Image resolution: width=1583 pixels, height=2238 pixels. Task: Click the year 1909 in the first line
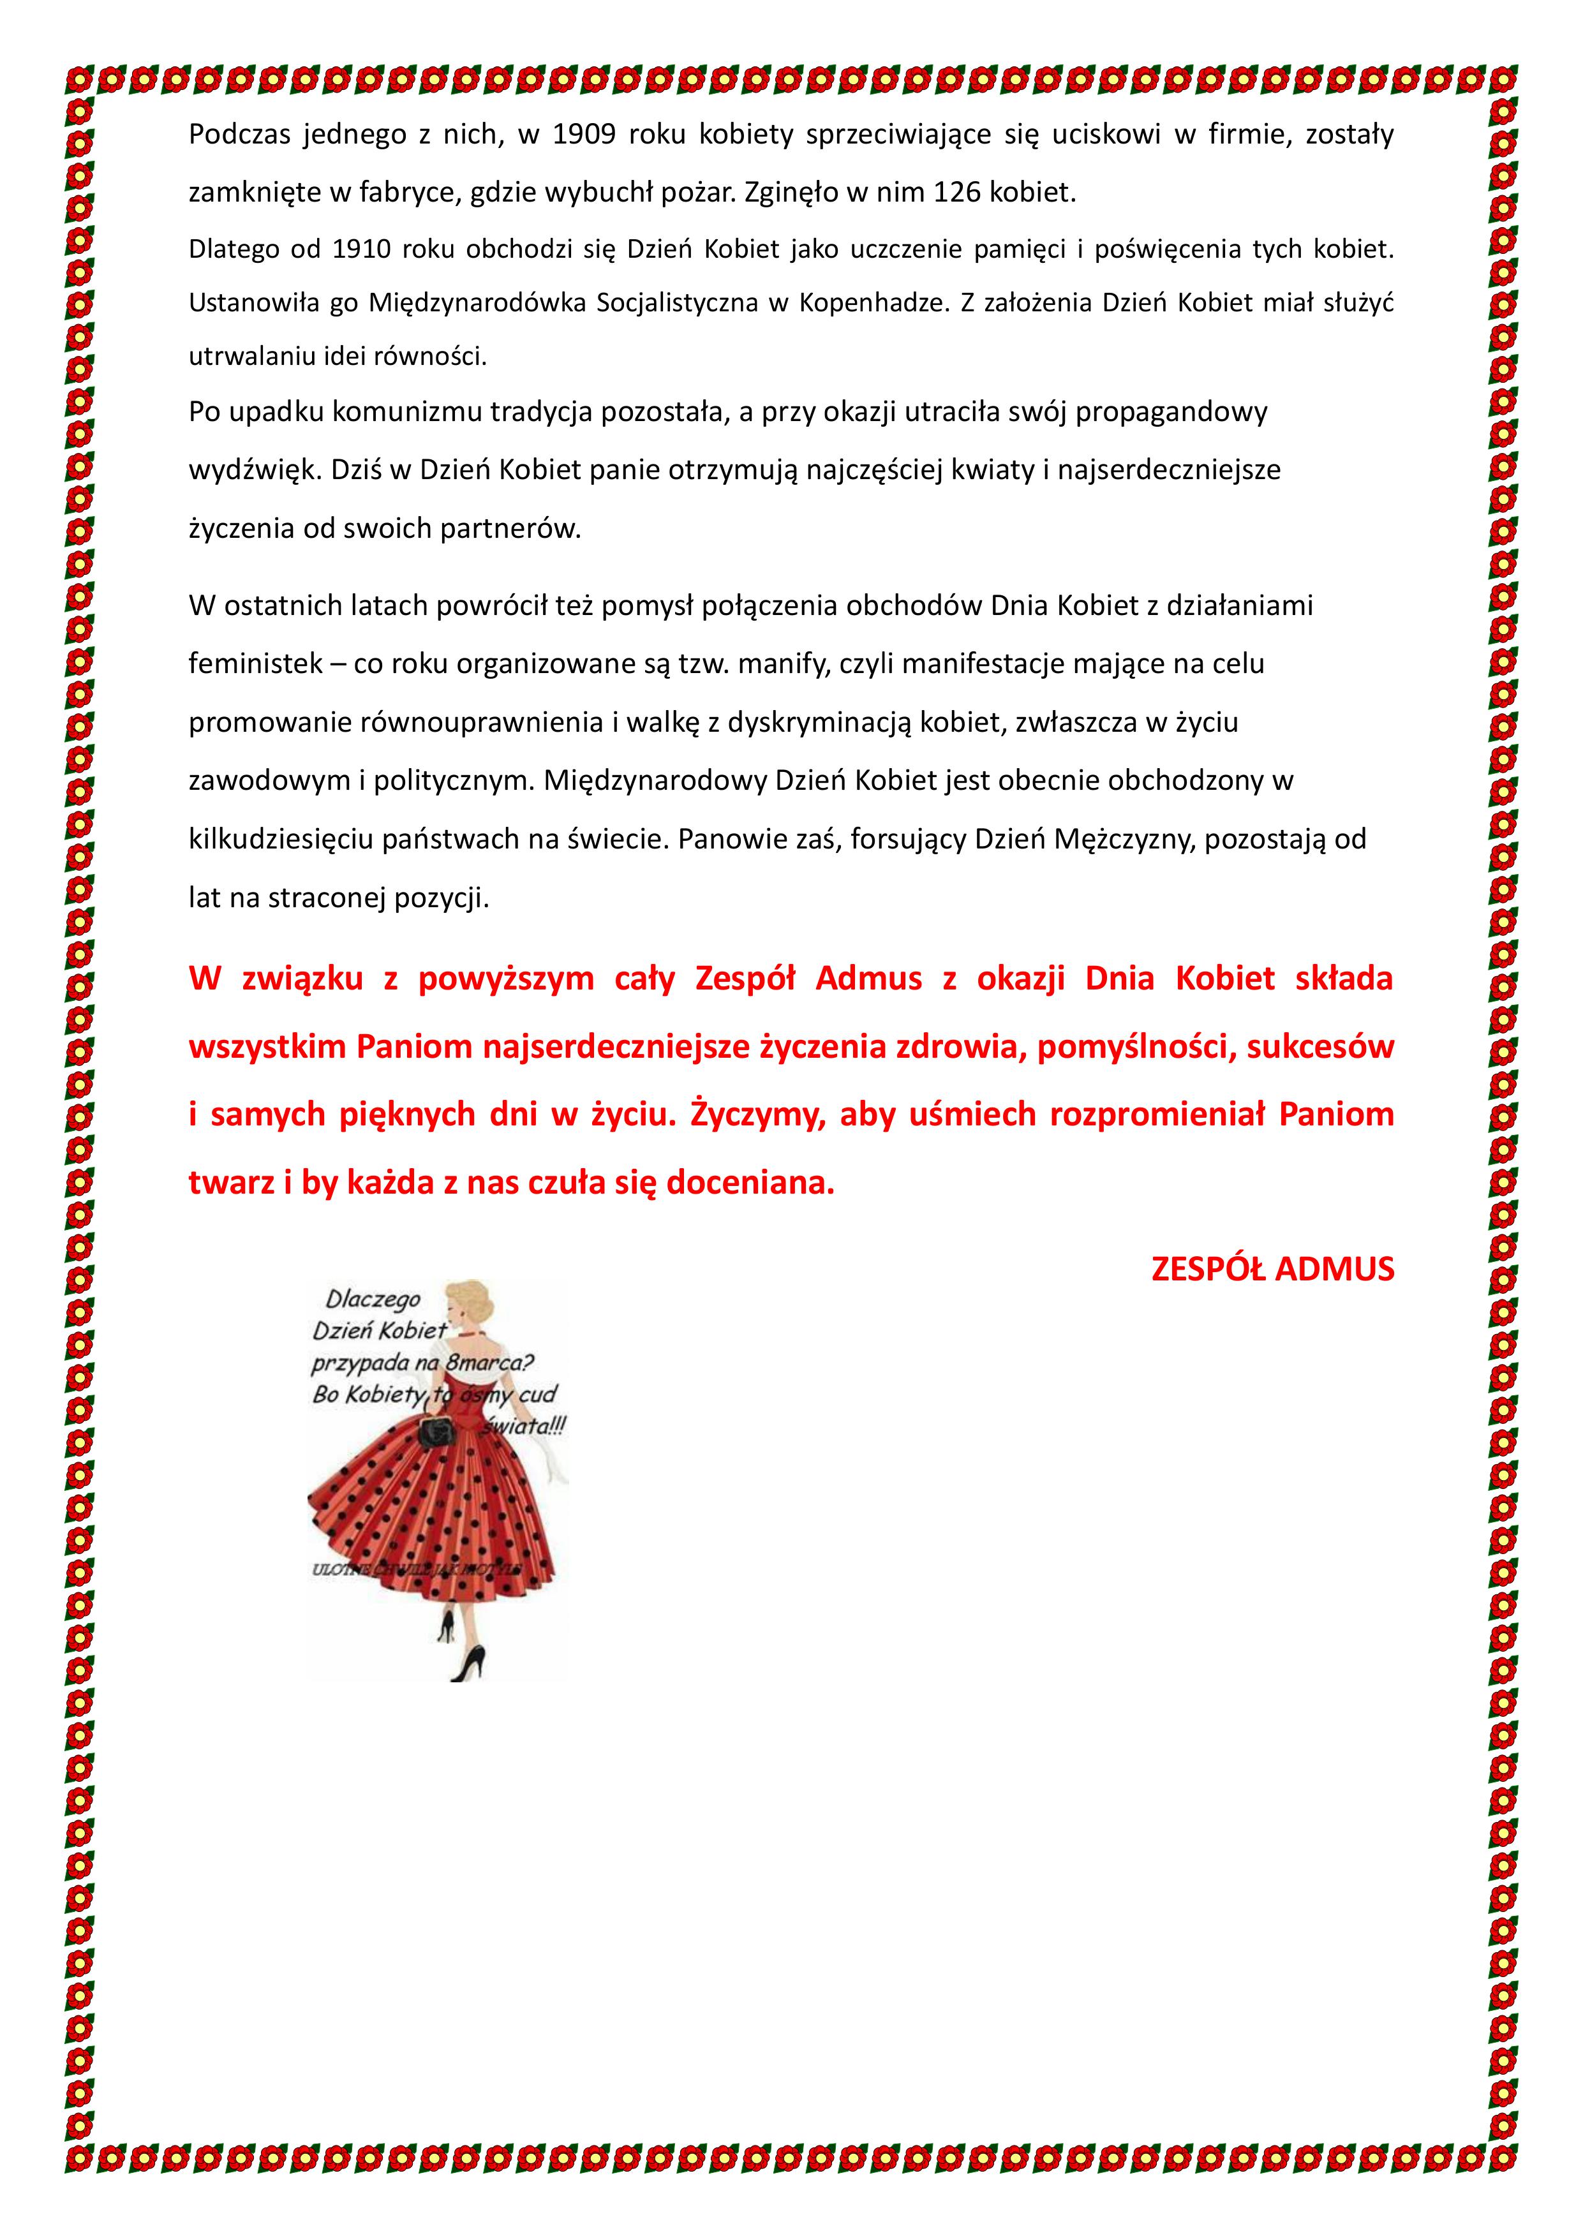coord(584,135)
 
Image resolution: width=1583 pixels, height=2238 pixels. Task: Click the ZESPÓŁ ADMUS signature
coord(1272,1268)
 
